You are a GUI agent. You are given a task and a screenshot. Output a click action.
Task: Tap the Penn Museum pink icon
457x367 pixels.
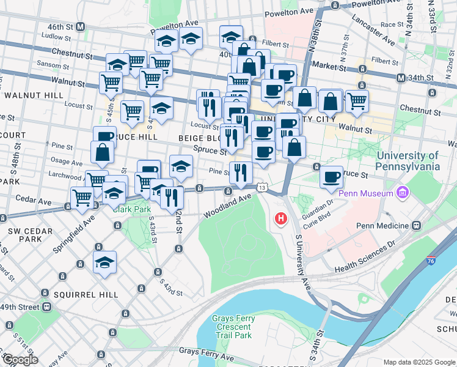tap(402, 195)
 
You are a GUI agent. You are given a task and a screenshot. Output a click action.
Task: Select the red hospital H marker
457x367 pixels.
tap(281, 218)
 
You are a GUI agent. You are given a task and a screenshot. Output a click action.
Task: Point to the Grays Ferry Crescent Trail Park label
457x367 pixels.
tap(232, 327)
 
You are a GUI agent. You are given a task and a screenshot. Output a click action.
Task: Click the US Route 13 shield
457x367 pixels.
tap(261, 187)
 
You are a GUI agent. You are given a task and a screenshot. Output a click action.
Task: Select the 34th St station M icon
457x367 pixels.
tap(401, 79)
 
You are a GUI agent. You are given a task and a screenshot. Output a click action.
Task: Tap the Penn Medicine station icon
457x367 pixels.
tap(416, 225)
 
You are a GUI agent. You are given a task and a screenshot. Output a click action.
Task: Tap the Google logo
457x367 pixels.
tap(20, 359)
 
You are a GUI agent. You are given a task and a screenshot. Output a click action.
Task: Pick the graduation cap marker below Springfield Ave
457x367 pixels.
tap(105, 262)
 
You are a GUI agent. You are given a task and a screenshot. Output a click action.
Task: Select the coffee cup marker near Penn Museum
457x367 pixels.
tap(331, 177)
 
